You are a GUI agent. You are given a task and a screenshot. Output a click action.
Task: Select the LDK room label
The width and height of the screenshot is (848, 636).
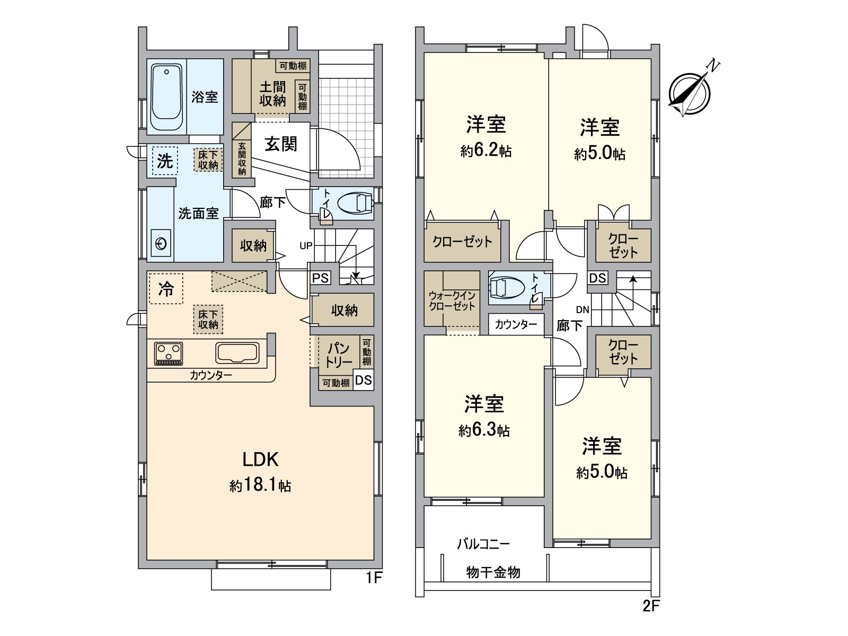click(x=260, y=460)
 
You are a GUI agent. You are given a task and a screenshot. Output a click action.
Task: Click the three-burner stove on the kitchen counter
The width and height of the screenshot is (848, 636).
click(x=169, y=354)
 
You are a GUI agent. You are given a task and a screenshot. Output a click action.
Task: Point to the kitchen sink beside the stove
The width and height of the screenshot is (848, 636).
click(x=237, y=353)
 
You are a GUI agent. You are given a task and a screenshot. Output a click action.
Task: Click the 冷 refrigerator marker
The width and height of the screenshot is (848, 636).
click(x=166, y=289)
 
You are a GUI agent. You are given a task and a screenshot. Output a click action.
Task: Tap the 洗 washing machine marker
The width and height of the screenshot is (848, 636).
click(x=165, y=161)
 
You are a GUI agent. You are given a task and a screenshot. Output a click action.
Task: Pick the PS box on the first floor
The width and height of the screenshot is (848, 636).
click(x=320, y=278)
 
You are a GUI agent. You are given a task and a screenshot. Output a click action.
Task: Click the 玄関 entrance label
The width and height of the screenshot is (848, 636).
click(x=281, y=144)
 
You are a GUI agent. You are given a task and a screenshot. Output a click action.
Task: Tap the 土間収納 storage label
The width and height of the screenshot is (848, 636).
click(x=272, y=93)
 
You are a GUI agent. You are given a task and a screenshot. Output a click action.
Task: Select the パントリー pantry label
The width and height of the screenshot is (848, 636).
click(x=338, y=355)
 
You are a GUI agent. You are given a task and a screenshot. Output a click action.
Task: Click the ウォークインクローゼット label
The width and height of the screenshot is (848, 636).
click(x=452, y=301)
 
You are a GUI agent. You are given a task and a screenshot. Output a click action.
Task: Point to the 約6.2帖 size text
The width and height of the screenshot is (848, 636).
click(x=485, y=151)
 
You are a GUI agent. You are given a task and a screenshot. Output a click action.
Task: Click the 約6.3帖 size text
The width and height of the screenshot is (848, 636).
click(x=483, y=430)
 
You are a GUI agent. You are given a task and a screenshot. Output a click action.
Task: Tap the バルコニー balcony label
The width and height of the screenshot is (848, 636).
click(x=483, y=544)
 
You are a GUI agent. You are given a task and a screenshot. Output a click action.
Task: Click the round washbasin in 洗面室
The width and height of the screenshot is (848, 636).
click(x=161, y=244)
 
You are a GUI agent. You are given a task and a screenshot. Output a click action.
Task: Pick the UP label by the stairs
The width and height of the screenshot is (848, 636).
click(x=306, y=245)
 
